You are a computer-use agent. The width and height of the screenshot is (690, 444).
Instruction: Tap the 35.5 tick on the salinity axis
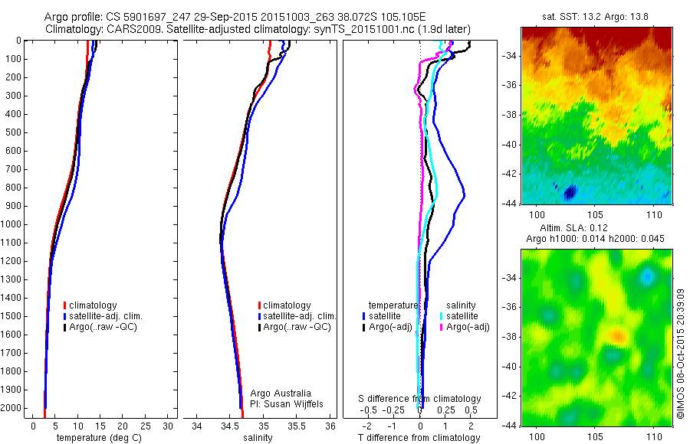click(x=297, y=426)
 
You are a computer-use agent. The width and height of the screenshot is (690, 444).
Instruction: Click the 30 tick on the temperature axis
click(x=169, y=426)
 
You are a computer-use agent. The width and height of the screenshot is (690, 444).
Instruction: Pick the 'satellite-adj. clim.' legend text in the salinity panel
click(x=300, y=316)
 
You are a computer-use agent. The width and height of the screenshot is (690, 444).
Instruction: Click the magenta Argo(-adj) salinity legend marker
click(x=442, y=327)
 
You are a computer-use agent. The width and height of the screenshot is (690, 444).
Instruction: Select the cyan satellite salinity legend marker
click(x=442, y=315)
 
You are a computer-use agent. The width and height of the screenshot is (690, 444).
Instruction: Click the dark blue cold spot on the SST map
click(x=570, y=191)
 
